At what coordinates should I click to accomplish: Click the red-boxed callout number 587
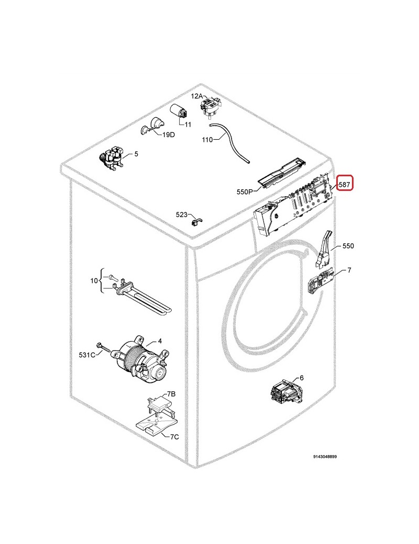pyautogui.click(x=344, y=185)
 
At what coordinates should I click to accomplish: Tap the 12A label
pyautogui.click(x=196, y=96)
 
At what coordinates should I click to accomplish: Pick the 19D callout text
pyautogui.click(x=169, y=134)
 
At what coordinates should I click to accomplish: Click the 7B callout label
pyautogui.click(x=171, y=394)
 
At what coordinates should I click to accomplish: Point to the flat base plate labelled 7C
pyautogui.click(x=157, y=423)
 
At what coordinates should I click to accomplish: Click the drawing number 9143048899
pyautogui.click(x=325, y=457)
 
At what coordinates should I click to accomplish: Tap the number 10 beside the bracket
pyautogui.click(x=94, y=280)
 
